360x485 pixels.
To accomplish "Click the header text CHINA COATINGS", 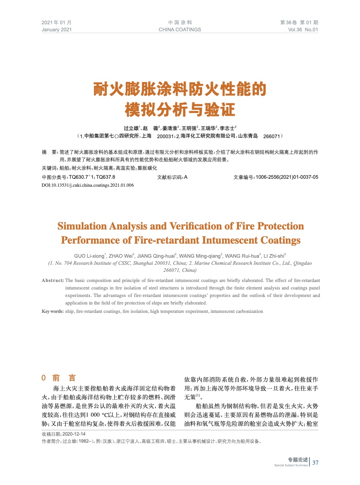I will pyautogui.click(x=180, y=30).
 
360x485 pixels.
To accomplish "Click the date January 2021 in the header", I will pyautogui.click(x=56, y=30).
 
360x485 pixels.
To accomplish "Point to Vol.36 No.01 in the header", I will pyautogui.click(x=303, y=30).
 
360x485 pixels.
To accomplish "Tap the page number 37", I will pyautogui.click(x=315, y=462).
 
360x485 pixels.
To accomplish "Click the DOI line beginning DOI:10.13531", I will pyautogui.click(x=87, y=185).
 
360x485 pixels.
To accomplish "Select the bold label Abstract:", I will pyautogui.click(x=52, y=281).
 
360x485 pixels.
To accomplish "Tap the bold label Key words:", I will pyautogui.click(x=52, y=311).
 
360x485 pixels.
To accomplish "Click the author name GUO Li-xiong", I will pyautogui.click(x=90, y=255).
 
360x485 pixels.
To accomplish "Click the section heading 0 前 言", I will pyautogui.click(x=58, y=378).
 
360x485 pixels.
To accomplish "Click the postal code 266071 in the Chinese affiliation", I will pyautogui.click(x=271, y=136).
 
